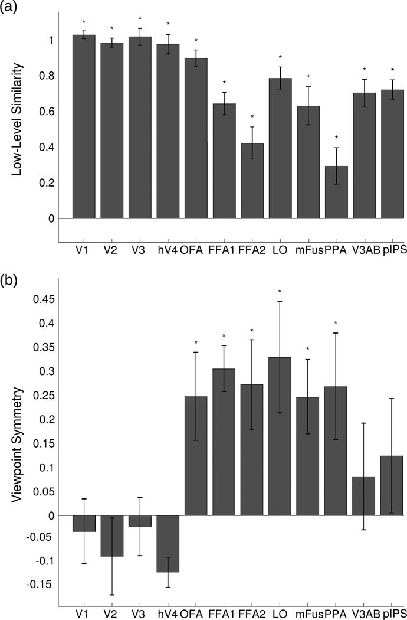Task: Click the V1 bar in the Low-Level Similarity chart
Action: click(84, 126)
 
